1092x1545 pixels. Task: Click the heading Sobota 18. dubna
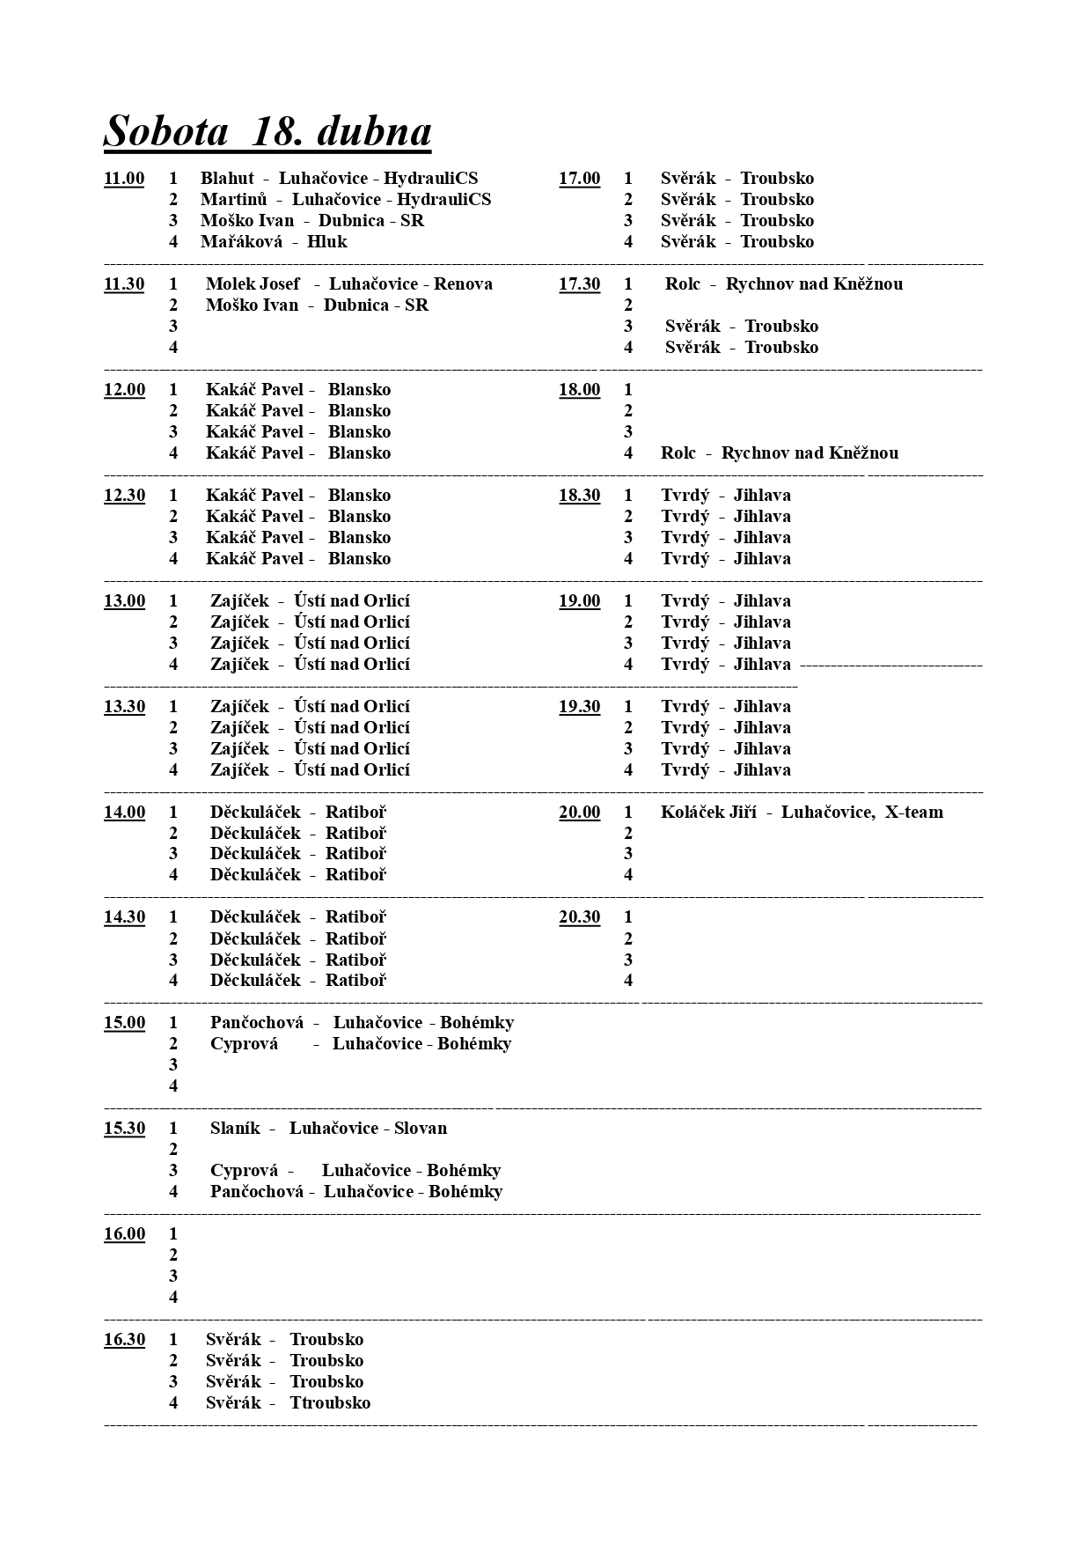point(268,131)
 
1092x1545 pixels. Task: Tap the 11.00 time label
point(124,179)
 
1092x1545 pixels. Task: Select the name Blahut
point(227,179)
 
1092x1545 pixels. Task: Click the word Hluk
point(327,242)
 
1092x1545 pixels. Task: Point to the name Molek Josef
point(253,284)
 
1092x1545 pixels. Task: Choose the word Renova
point(463,284)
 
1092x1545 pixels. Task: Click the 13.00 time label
point(124,601)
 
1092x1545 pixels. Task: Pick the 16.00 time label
point(124,1234)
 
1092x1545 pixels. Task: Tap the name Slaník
point(235,1129)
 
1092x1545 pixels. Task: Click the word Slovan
point(421,1129)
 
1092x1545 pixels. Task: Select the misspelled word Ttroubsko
point(330,1403)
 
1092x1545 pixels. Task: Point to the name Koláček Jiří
point(708,813)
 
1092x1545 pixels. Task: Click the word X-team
point(913,813)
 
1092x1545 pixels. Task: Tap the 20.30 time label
point(579,917)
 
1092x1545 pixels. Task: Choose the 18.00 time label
point(579,390)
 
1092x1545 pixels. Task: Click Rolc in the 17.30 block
point(683,284)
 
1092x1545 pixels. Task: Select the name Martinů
point(233,200)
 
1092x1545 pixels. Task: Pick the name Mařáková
point(241,242)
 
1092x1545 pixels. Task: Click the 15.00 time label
point(124,1023)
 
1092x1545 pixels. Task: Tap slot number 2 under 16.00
point(173,1255)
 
